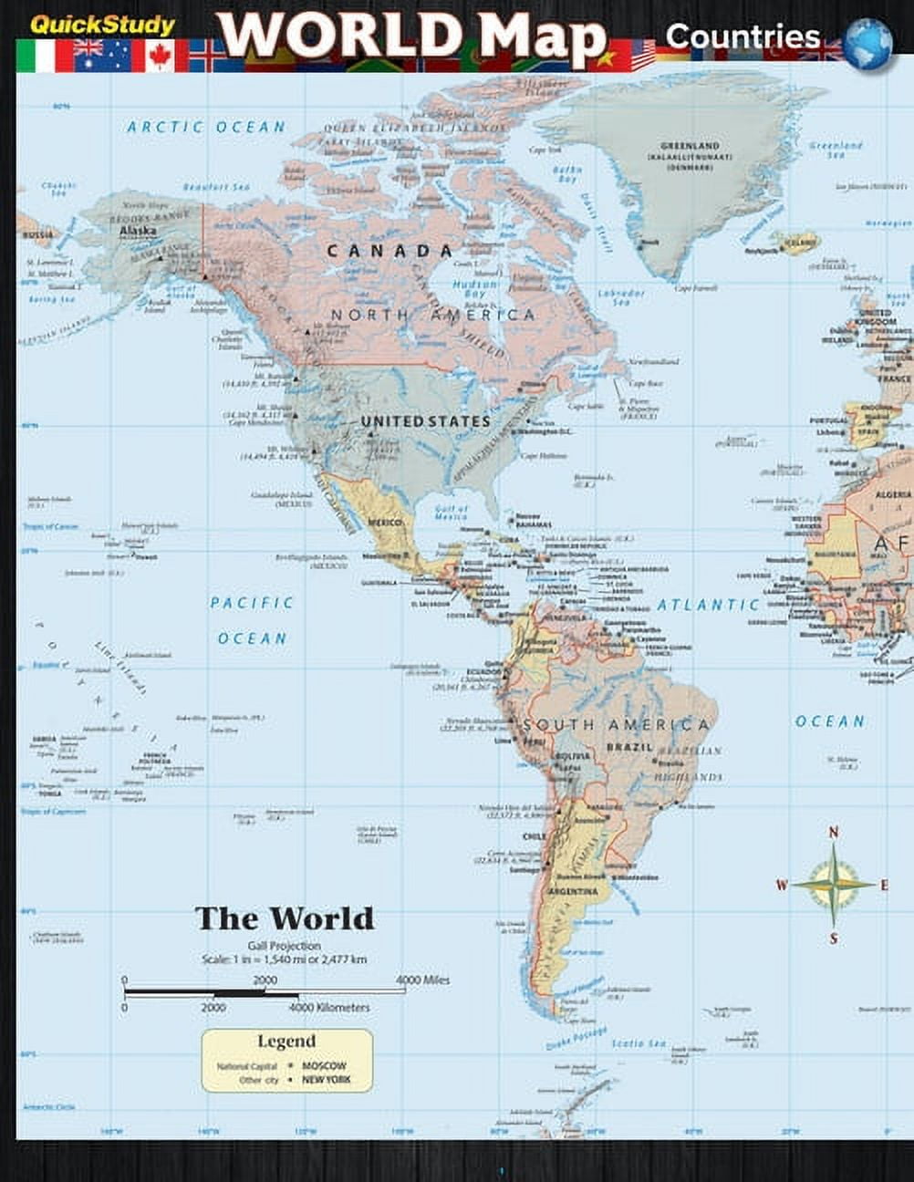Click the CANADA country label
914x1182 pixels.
tap(389, 251)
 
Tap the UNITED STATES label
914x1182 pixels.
tap(426, 421)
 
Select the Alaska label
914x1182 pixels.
tap(138, 232)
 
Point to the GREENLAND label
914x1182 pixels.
tap(690, 146)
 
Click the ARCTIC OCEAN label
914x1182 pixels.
tap(206, 128)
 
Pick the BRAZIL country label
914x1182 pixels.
tap(629, 748)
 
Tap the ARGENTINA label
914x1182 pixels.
tap(574, 891)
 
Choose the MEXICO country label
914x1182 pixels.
tap(385, 522)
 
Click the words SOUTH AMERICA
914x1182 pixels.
tap(616, 725)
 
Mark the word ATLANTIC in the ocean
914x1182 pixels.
tap(709, 605)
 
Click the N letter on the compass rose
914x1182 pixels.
tap(833, 832)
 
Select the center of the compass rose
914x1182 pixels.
tap(833, 884)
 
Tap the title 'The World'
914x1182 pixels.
tap(285, 918)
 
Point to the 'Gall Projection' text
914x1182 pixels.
tap(284, 946)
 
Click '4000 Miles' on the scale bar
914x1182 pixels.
tap(422, 980)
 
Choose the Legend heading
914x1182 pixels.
tap(286, 1042)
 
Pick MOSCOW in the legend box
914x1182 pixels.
tap(324, 1065)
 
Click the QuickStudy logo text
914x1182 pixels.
tap(102, 25)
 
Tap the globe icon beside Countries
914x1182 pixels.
tap(867, 43)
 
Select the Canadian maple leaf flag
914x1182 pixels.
tap(160, 56)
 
